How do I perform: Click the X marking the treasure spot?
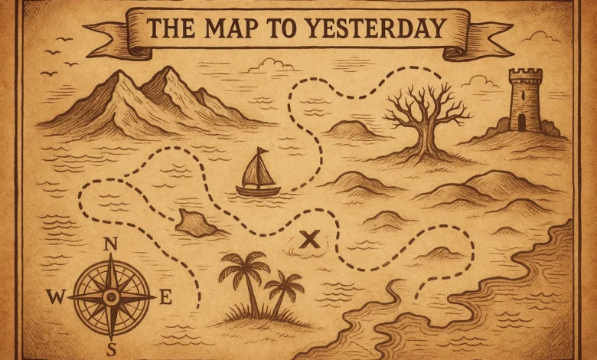point(308,240)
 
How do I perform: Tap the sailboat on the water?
point(257,175)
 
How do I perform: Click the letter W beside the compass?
point(54,297)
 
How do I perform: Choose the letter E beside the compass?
point(165,298)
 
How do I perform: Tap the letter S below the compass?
point(111,350)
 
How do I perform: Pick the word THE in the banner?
point(173,28)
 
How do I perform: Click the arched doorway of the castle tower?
point(521,122)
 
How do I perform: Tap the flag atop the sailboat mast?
point(263,151)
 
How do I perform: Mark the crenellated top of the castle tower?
point(525,75)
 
